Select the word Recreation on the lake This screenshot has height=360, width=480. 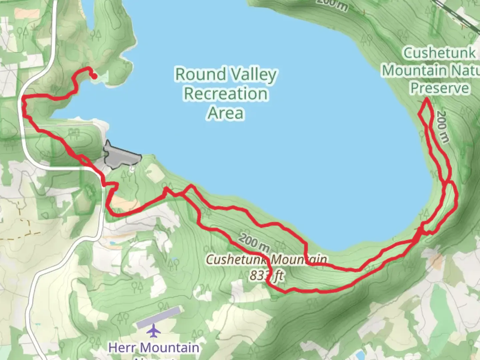click(226, 94)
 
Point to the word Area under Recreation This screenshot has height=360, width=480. click(226, 113)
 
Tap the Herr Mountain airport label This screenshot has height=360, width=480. click(153, 348)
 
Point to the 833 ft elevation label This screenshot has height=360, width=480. click(267, 275)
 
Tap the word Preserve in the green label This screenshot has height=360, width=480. click(439, 88)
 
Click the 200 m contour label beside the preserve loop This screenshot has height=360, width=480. click(442, 127)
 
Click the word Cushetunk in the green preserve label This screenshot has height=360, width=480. click(439, 53)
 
